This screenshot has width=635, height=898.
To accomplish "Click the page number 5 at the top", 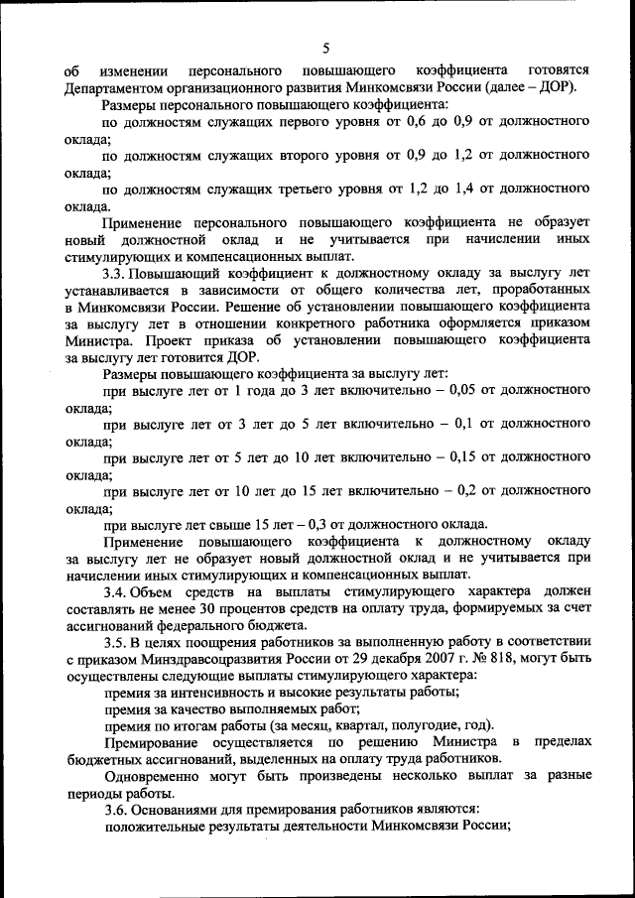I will [x=325, y=47].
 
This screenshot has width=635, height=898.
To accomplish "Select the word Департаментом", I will [x=115, y=86].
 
